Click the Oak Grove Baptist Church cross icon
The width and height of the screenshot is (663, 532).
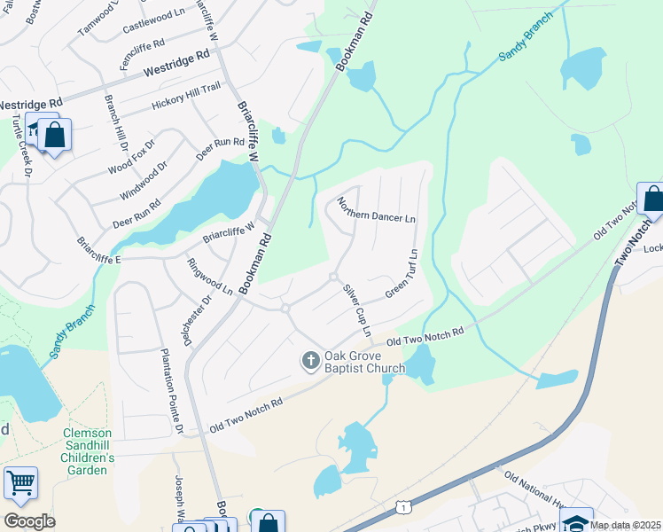311,360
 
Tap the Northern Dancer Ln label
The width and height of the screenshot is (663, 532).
376,211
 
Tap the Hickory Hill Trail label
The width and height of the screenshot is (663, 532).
185,95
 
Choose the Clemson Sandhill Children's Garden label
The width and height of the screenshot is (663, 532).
89,451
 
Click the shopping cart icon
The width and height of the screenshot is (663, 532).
20,483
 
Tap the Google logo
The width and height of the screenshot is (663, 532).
29,520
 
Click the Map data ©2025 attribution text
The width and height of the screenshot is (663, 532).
625,525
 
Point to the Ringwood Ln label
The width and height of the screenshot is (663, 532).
210,277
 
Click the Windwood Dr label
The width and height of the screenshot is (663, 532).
143,181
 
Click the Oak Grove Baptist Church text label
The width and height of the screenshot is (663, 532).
363,362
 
